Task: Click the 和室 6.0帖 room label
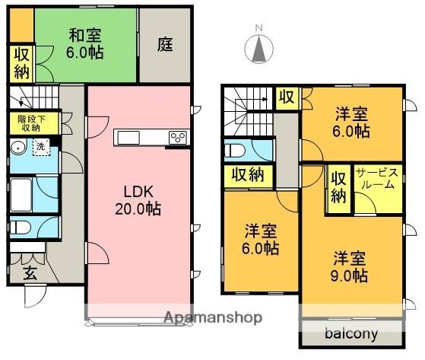[85, 43]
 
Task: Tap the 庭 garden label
[165, 44]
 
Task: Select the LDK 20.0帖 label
[138, 200]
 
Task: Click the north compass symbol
[258, 46]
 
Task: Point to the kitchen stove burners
[178, 138]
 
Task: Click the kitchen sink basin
[128, 138]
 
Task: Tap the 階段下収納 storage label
[31, 123]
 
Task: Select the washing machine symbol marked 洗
[42, 148]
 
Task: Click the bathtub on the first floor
[21, 195]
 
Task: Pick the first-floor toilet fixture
[20, 227]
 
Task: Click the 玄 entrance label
[30, 273]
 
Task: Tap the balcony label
[351, 333]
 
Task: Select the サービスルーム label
[377, 178]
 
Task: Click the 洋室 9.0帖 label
[350, 266]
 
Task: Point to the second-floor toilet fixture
[235, 150]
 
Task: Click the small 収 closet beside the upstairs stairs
[287, 97]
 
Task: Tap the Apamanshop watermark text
[213, 317]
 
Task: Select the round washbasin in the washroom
[18, 148]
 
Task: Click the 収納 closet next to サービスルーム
[339, 187]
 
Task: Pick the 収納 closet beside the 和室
[22, 63]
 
